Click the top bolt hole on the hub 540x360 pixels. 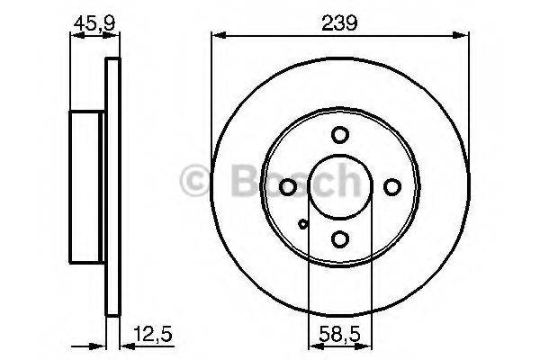click(x=339, y=135)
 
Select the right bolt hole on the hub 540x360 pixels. click(x=391, y=187)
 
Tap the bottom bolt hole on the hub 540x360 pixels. click(x=339, y=239)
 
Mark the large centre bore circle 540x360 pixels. click(x=339, y=187)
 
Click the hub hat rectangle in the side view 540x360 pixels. click(x=87, y=186)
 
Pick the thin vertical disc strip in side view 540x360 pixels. click(x=112, y=186)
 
